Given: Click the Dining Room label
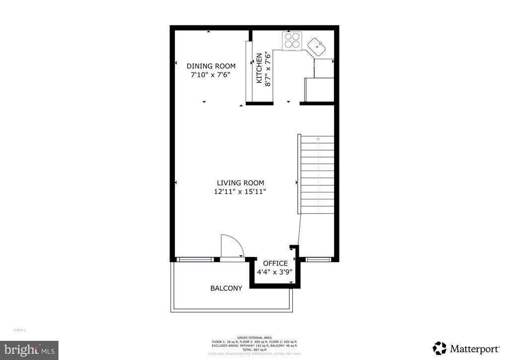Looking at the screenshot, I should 211,66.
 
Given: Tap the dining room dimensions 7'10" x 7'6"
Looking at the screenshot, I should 211,75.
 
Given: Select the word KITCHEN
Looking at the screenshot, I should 259,69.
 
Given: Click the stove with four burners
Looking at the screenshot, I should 291,41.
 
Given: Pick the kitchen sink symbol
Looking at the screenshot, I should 317,47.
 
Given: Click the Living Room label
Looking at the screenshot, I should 240,183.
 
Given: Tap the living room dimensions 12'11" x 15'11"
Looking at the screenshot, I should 240,192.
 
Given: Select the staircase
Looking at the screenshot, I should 316,174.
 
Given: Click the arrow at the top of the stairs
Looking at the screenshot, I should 318,140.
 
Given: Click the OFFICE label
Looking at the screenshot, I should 275,264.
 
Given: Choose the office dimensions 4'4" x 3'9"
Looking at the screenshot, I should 274,272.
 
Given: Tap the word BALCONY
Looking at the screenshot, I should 226,288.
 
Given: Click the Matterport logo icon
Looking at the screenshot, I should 439,348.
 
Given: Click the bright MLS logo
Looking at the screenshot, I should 29,350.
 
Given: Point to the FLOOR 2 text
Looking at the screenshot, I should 19,330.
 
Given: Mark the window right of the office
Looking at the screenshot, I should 318,260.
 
